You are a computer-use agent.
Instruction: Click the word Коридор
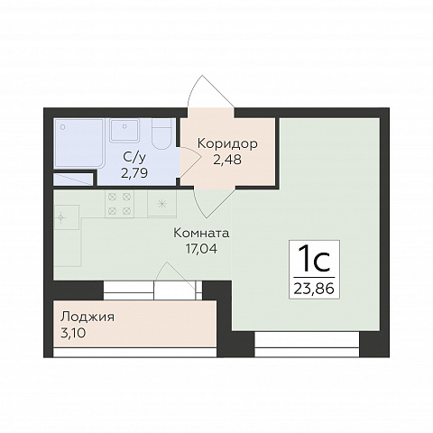point(227,143)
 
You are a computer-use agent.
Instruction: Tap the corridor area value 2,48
point(227,160)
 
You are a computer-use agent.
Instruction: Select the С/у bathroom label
point(134,157)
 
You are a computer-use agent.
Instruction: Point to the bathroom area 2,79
point(134,173)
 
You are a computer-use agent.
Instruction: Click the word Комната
point(201,234)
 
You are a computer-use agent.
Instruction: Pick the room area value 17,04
point(201,249)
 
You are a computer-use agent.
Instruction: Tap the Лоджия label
point(88,318)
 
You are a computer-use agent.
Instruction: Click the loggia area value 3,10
point(73,333)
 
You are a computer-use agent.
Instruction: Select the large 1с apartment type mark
point(315,258)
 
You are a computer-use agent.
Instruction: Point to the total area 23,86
point(314,289)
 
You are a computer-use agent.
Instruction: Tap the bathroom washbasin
point(124,131)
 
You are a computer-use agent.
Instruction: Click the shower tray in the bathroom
point(79,143)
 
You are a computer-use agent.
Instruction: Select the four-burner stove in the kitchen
point(119,204)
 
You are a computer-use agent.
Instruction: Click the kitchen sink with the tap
point(67,217)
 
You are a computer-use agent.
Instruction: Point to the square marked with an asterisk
point(161,204)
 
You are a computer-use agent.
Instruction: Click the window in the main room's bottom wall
point(307,345)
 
